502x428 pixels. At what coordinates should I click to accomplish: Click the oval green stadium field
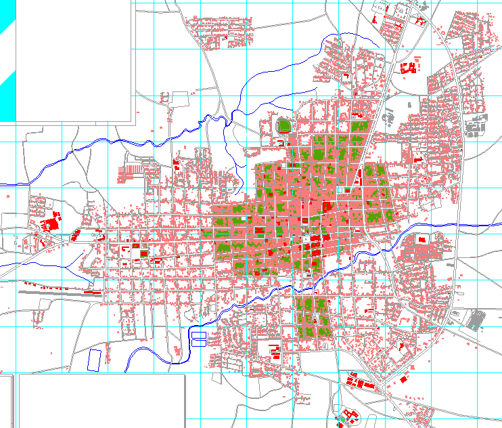[283, 125]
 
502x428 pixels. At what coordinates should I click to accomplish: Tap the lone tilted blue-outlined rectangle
[95, 359]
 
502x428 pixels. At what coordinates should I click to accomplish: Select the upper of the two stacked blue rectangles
[199, 335]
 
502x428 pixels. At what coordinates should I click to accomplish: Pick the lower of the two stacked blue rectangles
[199, 343]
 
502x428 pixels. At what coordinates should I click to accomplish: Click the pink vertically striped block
[134, 167]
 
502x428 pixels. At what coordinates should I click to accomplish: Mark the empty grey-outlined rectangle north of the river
[179, 99]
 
